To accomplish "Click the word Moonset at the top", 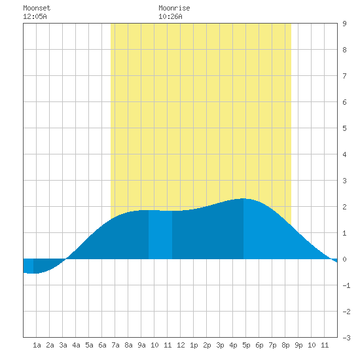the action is [x=37, y=8].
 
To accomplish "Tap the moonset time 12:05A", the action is [x=35, y=16].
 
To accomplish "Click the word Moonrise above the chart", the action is [x=174, y=8].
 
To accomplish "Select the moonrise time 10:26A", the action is [x=170, y=16].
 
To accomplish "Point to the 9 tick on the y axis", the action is [x=344, y=24].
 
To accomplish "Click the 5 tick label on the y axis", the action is [x=344, y=128].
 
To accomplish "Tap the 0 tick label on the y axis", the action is [x=344, y=259].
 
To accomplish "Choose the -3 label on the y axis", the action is [x=346, y=338].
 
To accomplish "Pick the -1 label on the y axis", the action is [x=346, y=285].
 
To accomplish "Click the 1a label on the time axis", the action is [x=37, y=345].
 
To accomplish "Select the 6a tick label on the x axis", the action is [x=102, y=345].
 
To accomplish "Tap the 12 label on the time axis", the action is [x=181, y=345].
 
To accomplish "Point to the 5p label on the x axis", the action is [x=246, y=345].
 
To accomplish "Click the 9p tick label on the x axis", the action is [x=298, y=345].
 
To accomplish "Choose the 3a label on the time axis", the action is [x=63, y=345].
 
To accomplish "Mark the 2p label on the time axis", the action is [x=207, y=345].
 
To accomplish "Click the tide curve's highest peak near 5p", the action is [x=243, y=198].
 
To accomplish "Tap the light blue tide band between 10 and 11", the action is [x=160, y=234].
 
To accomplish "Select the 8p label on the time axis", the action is [x=285, y=345].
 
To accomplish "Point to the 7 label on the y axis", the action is [x=344, y=76].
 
